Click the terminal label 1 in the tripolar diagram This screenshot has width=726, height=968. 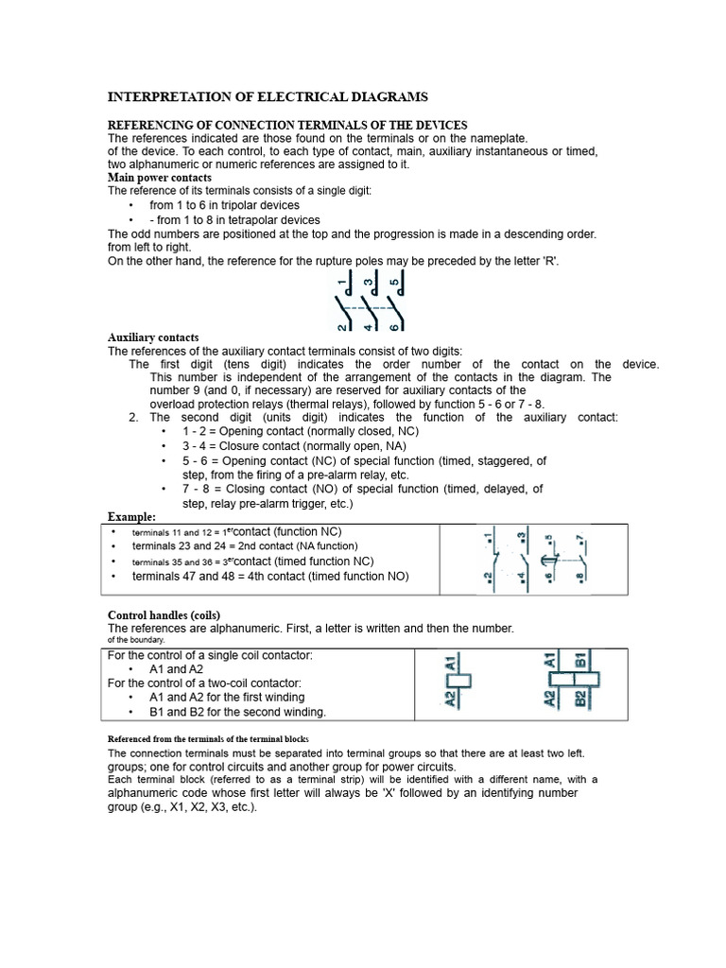pos(341,282)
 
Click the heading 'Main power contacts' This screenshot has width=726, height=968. pos(159,178)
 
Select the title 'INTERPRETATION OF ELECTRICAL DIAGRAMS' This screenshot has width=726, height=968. pos(268,96)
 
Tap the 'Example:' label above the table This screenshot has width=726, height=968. pos(131,517)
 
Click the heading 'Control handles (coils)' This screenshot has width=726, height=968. pos(164,615)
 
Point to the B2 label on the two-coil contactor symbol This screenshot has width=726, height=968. pos(581,700)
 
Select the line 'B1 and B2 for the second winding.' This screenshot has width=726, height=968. pos(237,712)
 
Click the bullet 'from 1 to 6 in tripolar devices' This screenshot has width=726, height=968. pos(224,205)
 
